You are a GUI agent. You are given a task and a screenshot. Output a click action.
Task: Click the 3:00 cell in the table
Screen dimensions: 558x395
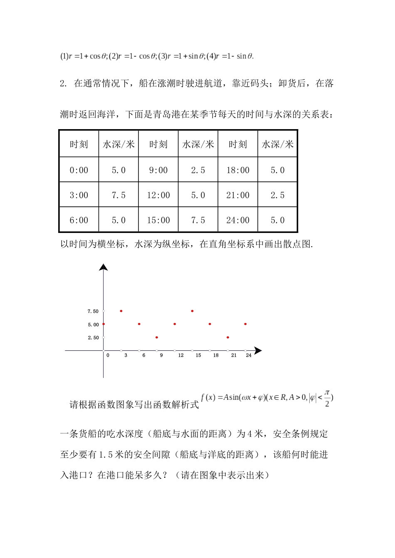point(79,195)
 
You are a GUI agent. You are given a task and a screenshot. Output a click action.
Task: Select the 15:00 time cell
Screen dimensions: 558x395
point(158,220)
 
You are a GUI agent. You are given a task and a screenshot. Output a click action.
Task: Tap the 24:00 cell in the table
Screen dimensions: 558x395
point(237,220)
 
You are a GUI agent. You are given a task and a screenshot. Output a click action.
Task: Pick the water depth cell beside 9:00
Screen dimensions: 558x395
point(198,170)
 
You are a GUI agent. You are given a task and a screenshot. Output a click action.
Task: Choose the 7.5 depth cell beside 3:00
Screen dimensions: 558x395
point(118,195)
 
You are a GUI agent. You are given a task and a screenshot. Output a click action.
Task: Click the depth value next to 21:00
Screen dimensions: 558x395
point(277,195)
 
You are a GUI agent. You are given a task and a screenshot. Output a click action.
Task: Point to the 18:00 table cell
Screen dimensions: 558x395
point(237,170)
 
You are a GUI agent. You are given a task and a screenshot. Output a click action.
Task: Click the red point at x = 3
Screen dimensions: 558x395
point(121,311)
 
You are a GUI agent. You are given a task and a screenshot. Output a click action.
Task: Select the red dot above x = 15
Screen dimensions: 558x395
point(192,311)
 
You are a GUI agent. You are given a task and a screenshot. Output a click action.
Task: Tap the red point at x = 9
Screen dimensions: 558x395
point(157,338)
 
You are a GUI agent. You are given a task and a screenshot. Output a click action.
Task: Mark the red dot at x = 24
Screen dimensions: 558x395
point(245,324)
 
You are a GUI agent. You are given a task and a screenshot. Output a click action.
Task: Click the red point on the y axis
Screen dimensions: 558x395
point(104,324)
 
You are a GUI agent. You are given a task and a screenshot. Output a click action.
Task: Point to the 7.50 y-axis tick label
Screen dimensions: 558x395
point(93,311)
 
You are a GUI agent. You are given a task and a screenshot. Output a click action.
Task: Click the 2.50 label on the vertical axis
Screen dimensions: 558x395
point(93,338)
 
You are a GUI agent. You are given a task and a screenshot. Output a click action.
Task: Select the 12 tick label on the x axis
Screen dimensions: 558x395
point(181,355)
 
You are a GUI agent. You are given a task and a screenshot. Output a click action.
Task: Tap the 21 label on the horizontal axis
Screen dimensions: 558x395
point(234,355)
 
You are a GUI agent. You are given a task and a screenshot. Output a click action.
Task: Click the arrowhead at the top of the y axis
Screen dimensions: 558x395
point(104,267)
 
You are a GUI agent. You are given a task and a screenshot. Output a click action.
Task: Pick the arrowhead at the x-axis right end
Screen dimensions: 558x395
point(258,351)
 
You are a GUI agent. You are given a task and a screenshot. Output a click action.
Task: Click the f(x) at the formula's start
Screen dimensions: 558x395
point(208,397)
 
